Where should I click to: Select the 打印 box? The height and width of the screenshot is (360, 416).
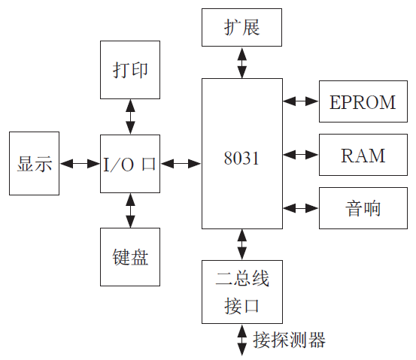click(130, 70)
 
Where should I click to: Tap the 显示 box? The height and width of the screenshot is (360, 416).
click(35, 164)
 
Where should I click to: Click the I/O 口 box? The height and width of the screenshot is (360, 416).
click(130, 164)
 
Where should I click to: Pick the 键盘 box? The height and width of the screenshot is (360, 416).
click(130, 257)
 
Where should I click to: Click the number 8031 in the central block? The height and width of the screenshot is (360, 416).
click(241, 159)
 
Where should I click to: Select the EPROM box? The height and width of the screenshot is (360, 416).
click(363, 103)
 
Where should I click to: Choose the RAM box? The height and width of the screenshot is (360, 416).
click(363, 156)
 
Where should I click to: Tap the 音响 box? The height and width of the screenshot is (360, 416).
click(363, 207)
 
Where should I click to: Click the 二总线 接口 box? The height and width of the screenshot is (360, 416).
click(241, 292)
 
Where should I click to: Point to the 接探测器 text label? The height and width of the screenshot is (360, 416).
click(290, 340)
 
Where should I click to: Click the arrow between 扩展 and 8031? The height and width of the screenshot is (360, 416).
click(241, 63)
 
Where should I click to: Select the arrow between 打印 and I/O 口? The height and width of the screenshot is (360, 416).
click(130, 116)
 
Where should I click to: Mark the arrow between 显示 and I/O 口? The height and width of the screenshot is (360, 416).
click(80, 164)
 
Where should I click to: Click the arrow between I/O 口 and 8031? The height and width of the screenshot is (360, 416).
click(181, 164)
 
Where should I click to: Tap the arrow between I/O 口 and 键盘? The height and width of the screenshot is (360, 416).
click(130, 210)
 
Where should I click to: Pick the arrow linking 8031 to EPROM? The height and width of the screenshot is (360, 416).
click(300, 100)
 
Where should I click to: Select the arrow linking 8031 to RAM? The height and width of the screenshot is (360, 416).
click(300, 155)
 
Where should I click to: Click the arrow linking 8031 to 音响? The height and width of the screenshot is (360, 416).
click(300, 207)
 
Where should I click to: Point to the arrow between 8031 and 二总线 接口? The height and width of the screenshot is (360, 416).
click(241, 244)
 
